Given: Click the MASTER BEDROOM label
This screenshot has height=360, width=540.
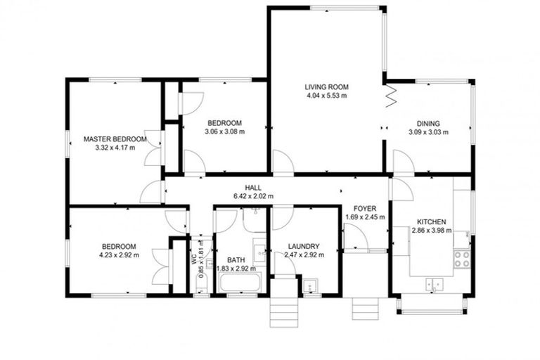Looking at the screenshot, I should coord(115,139).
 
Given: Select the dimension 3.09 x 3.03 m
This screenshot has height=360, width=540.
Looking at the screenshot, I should coord(428,131).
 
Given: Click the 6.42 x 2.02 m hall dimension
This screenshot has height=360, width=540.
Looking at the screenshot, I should coord(254,196).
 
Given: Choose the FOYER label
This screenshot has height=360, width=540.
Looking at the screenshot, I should coord(364,209).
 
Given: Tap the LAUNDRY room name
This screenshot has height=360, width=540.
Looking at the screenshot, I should coord(304,246).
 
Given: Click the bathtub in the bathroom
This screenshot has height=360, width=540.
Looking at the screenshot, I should coord(240,284).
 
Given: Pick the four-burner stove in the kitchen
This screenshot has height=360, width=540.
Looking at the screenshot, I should coord(462,259).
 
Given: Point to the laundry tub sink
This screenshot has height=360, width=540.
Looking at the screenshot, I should coord(310,285).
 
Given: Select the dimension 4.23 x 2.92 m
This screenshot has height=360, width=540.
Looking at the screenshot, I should coord(119,255).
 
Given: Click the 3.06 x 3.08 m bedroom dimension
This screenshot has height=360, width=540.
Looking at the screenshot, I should coord(224,131).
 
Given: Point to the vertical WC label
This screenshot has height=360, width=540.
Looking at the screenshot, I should coord(194,257).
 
